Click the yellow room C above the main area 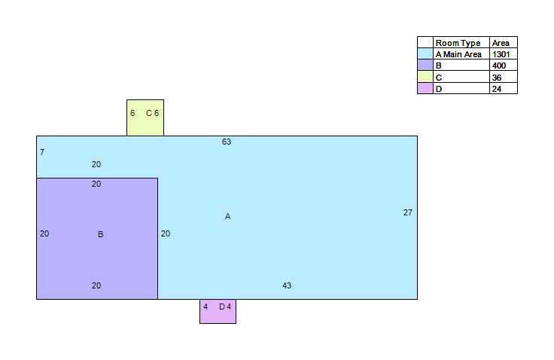click(x=145, y=117)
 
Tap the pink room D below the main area click(x=218, y=311)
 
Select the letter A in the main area click(x=227, y=216)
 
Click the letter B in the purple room click(x=101, y=234)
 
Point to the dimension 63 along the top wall click(x=227, y=142)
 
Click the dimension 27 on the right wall click(x=408, y=212)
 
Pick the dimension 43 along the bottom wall click(x=287, y=285)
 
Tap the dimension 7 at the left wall click(x=42, y=152)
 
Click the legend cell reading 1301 click(x=504, y=54)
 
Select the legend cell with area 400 click(x=504, y=66)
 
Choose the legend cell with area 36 click(x=504, y=77)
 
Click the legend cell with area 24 click(x=504, y=88)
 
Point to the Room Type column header click(x=458, y=43)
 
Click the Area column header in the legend click(x=501, y=43)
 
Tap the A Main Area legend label click(x=458, y=54)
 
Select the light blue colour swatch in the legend click(x=425, y=53)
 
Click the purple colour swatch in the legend click(x=425, y=65)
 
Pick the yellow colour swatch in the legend click(x=425, y=77)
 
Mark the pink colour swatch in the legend click(x=425, y=88)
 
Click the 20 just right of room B click(x=166, y=233)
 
